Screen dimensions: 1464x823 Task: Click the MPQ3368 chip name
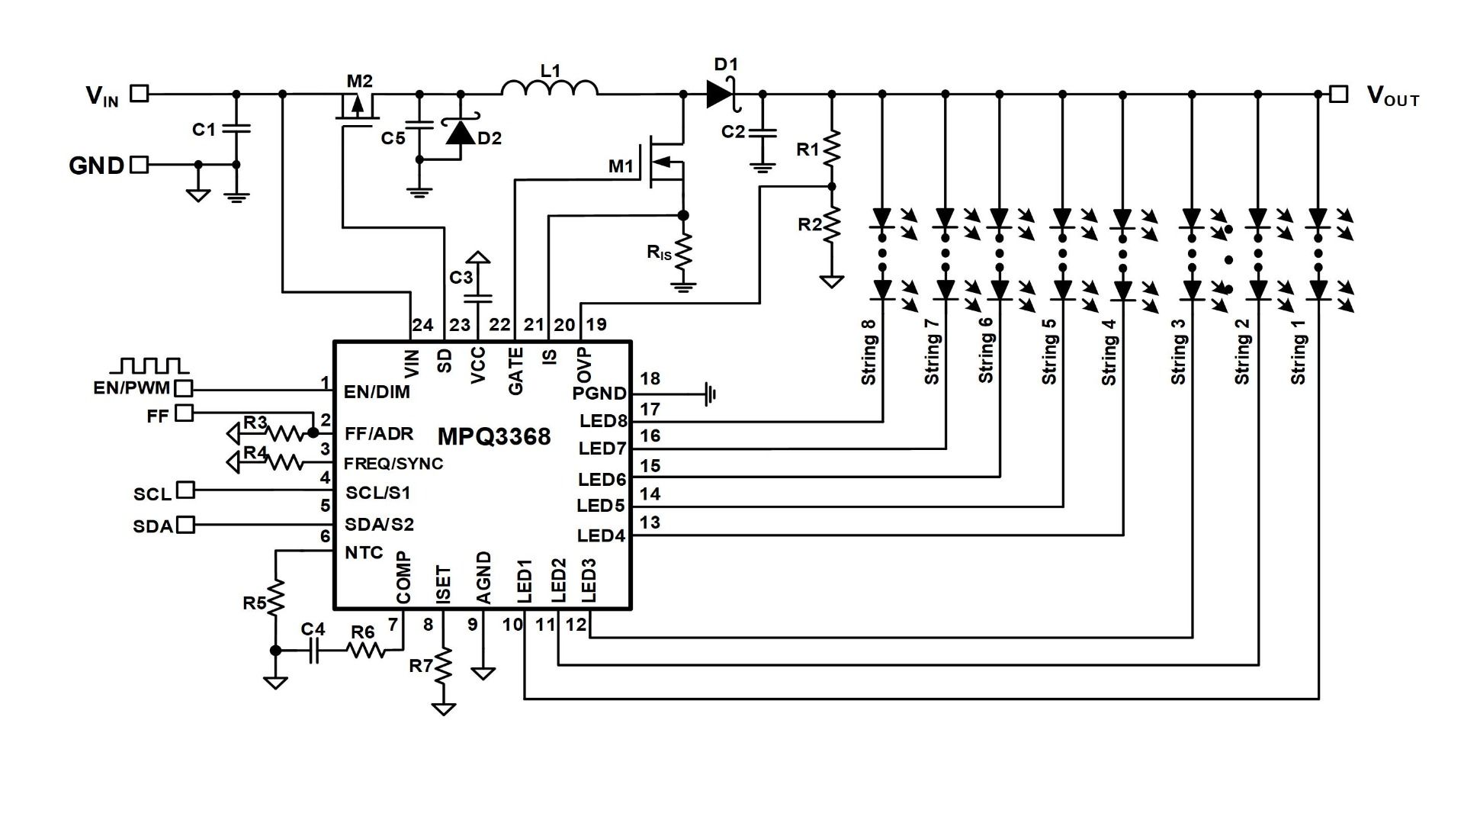pyautogui.click(x=494, y=437)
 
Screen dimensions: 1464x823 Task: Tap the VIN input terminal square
pyautogui.click(x=140, y=94)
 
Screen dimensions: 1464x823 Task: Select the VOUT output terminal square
pyautogui.click(x=1338, y=94)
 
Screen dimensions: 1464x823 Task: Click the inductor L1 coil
pyautogui.click(x=550, y=88)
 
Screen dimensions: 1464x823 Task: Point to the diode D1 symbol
pyautogui.click(x=721, y=94)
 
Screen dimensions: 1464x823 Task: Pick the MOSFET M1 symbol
pyautogui.click(x=665, y=162)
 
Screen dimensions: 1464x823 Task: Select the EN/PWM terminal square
pyautogui.click(x=184, y=388)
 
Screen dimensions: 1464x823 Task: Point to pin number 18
pyautogui.click(x=650, y=378)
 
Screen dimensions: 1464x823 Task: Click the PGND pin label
pyautogui.click(x=599, y=394)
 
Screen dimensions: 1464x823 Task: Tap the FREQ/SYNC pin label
pyautogui.click(x=393, y=464)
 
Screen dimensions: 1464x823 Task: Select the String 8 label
pyautogui.click(x=868, y=352)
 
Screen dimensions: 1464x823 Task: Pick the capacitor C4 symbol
pyautogui.click(x=313, y=651)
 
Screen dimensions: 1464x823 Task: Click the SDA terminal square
pyautogui.click(x=185, y=525)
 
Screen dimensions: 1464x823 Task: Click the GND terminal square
pyautogui.click(x=140, y=164)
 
